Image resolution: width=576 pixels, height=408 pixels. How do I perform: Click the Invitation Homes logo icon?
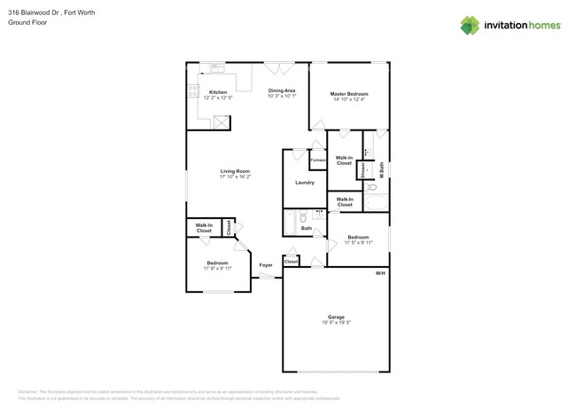pos(470,25)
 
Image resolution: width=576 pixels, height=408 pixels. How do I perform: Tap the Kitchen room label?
pos(217,92)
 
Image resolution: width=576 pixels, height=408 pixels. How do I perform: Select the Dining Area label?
pos(282,90)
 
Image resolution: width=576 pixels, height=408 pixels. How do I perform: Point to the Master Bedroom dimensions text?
pos(348,99)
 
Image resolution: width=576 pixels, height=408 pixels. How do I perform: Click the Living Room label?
pos(235,171)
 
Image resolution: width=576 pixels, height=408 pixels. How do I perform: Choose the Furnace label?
pos(317,161)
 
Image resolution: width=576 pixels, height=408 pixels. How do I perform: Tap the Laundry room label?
pos(305,183)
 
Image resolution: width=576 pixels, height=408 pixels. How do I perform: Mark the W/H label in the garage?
pos(380,273)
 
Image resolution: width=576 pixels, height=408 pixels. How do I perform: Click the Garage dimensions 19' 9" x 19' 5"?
pos(336,323)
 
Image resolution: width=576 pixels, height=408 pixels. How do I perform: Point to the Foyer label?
pos(265,265)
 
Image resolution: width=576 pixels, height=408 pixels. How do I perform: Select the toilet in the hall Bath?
pos(303,216)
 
